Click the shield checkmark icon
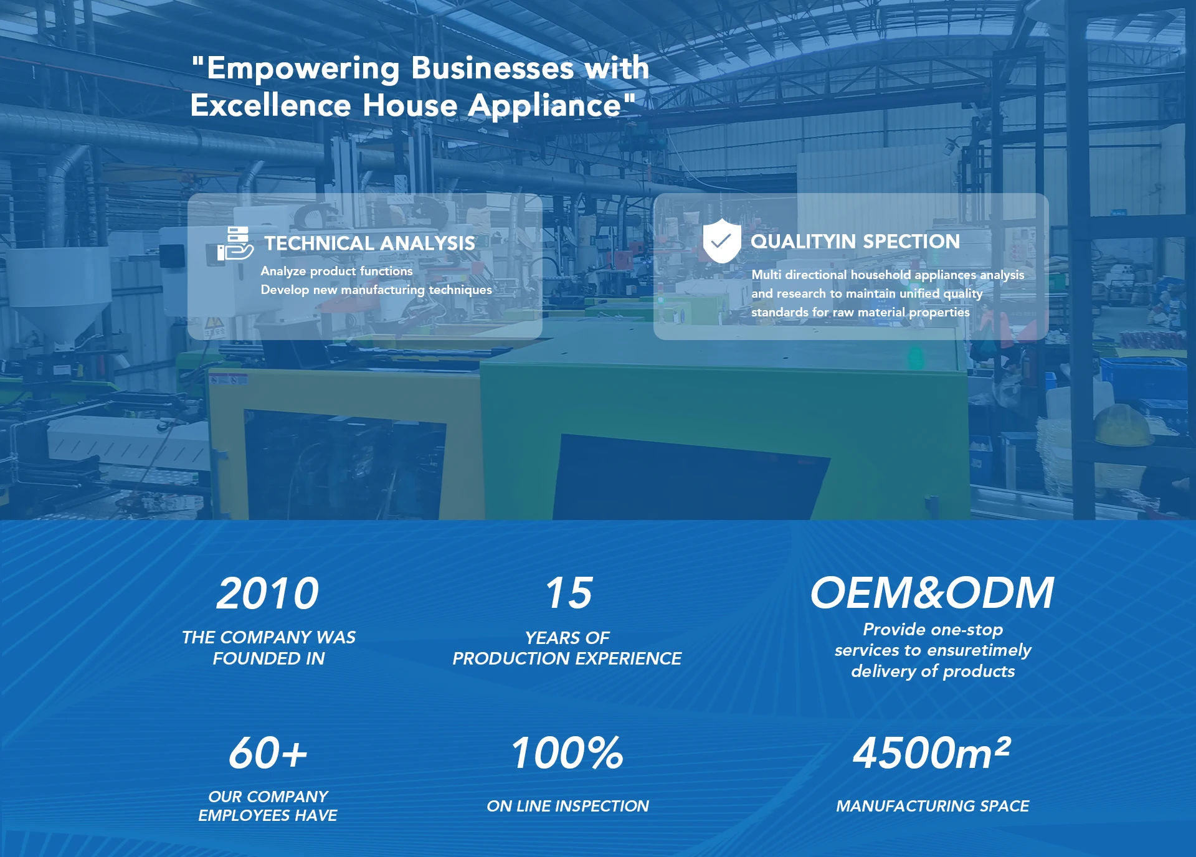(721, 240)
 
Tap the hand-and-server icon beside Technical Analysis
(235, 244)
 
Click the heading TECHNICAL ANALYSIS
(369, 243)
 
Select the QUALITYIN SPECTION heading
(855, 241)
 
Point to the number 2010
(268, 593)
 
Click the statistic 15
(569, 593)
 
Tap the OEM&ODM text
(932, 593)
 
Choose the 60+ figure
(268, 753)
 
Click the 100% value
(567, 753)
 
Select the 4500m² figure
(932, 752)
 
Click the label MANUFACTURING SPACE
(933, 806)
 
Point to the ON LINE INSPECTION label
(568, 806)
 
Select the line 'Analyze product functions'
(336, 271)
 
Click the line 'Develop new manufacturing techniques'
(376, 290)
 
